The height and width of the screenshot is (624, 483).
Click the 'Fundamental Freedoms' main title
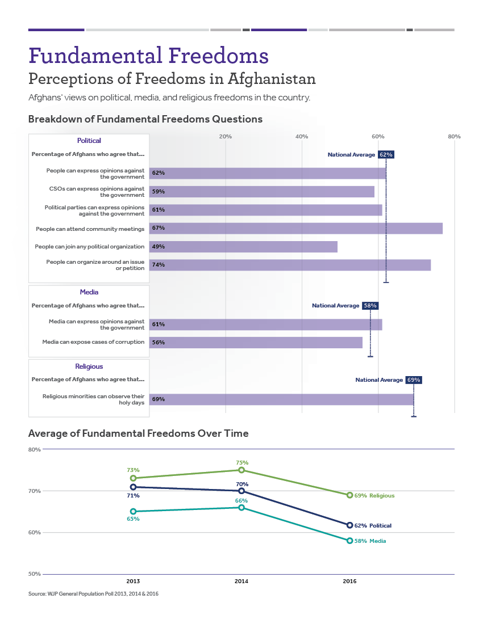tap(148, 56)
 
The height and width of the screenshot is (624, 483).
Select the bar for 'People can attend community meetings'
tap(295, 228)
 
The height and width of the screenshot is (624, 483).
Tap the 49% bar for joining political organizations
tap(243, 247)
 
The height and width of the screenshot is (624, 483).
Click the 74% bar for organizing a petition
tap(290, 265)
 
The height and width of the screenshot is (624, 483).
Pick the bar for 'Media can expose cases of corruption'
tap(256, 343)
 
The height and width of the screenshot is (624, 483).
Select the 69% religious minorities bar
tap(281, 399)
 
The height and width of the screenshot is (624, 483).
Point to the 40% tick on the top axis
tap(302, 137)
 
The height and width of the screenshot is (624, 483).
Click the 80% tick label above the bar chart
tap(454, 137)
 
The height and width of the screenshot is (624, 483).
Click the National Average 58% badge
tap(370, 306)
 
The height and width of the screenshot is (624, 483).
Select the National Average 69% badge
tap(414, 380)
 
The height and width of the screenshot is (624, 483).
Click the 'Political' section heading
tap(89, 141)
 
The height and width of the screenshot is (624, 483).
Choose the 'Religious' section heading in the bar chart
tap(89, 366)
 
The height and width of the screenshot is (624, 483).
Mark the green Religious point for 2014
tap(241, 470)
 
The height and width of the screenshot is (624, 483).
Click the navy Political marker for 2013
tap(133, 487)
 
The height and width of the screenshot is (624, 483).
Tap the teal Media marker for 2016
tap(349, 541)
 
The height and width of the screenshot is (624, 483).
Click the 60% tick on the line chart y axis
tap(34, 533)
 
